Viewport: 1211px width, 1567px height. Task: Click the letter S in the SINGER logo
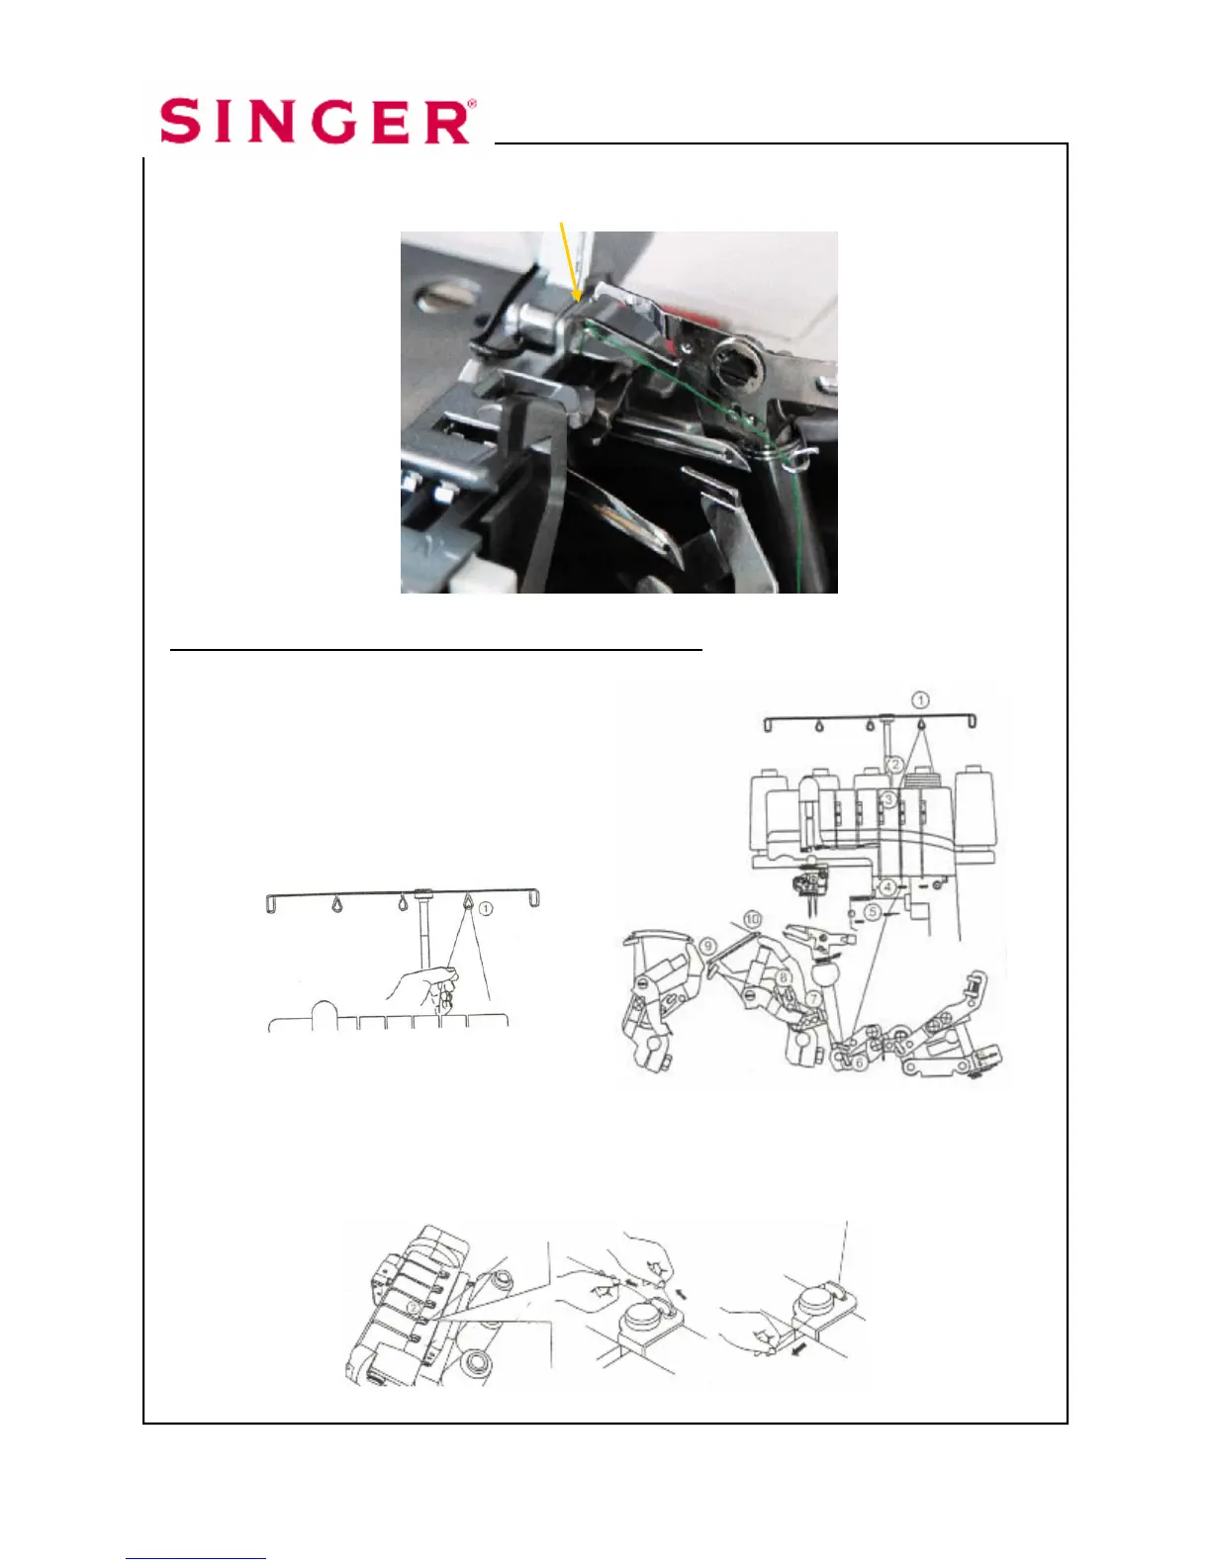tap(180, 121)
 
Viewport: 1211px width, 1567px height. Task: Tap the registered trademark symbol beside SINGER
tap(472, 104)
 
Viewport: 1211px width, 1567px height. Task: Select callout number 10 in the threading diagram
tap(752, 919)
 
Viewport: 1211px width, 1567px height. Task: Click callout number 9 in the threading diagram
tap(707, 946)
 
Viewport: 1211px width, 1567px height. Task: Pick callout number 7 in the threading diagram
tap(813, 999)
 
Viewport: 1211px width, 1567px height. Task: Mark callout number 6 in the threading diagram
tap(859, 1062)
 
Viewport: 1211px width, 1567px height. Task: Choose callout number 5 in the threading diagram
tap(872, 912)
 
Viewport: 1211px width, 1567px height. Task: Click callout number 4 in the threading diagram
tap(887, 887)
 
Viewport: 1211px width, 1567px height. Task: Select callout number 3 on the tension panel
tap(888, 799)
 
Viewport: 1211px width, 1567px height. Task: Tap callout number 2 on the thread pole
tap(894, 765)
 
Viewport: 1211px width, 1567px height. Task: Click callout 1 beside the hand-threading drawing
tap(486, 908)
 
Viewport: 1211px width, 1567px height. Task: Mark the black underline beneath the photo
tap(435, 650)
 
